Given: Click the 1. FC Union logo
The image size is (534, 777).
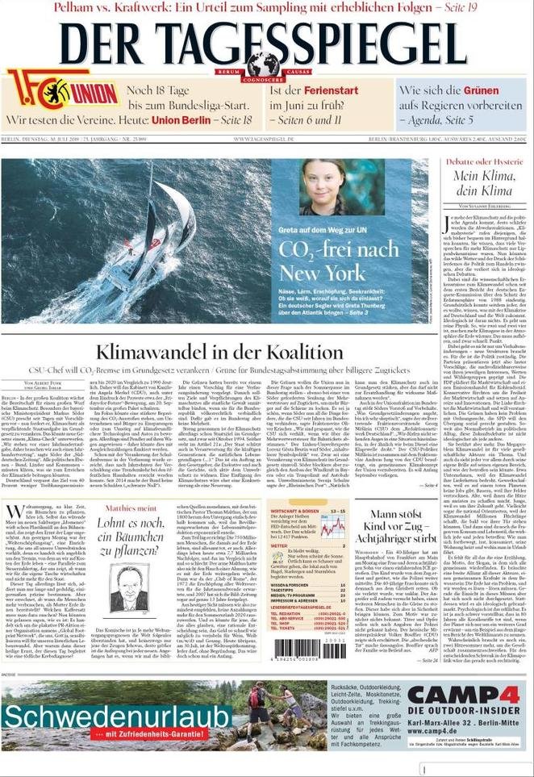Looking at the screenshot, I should pyautogui.click(x=62, y=90).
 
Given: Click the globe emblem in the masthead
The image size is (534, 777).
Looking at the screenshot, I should pyautogui.click(x=263, y=65).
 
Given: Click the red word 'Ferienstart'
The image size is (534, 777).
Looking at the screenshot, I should pyautogui.click(x=325, y=90).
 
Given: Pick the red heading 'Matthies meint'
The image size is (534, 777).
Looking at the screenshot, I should pyautogui.click(x=130, y=508).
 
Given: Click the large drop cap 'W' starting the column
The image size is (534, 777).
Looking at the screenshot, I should pyautogui.click(x=13, y=513).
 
